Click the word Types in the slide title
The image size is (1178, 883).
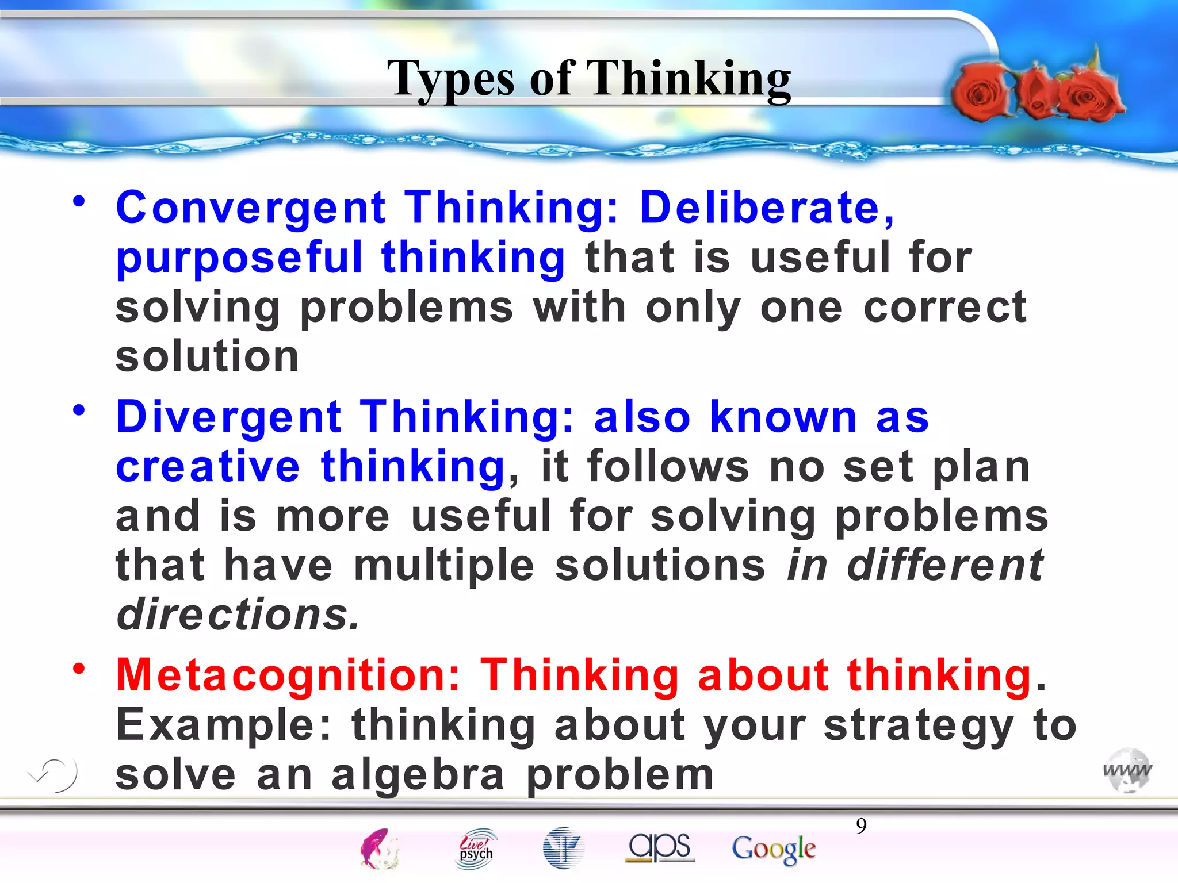pyautogui.click(x=450, y=79)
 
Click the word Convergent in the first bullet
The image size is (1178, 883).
pyautogui.click(x=251, y=208)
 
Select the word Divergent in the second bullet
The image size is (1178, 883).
pyautogui.click(x=229, y=417)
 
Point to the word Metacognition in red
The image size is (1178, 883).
pyautogui.click(x=288, y=675)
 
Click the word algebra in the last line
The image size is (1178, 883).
pyautogui.click(x=418, y=775)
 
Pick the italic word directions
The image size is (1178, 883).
pyautogui.click(x=238, y=615)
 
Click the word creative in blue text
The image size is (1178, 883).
pyautogui.click(x=208, y=466)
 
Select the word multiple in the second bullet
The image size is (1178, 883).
pyautogui.click(x=444, y=566)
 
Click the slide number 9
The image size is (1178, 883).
pyautogui.click(x=861, y=826)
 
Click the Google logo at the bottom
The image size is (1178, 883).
pyautogui.click(x=774, y=849)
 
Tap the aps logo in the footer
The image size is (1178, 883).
pyautogui.click(x=660, y=847)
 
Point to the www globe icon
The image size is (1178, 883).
pyautogui.click(x=1127, y=770)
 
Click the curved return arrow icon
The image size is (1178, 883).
pyautogui.click(x=53, y=774)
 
